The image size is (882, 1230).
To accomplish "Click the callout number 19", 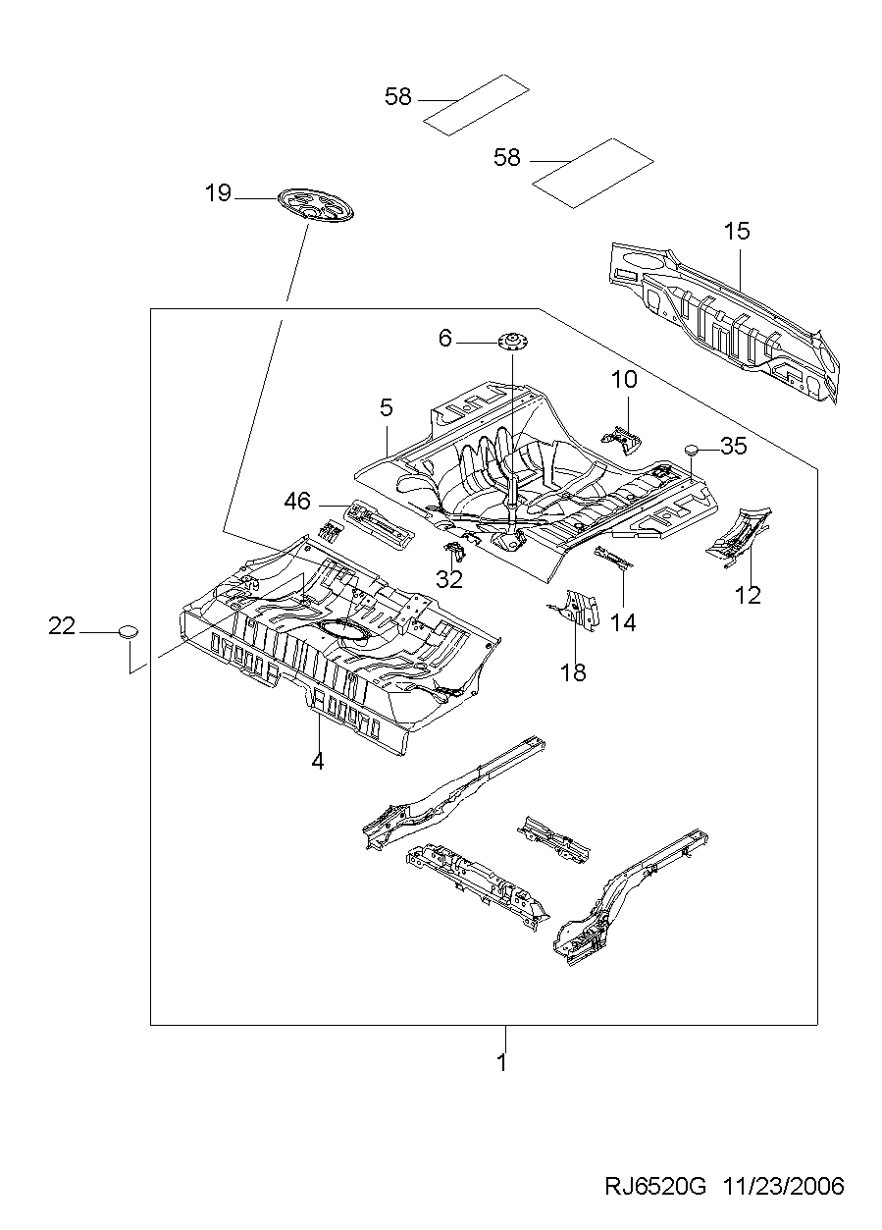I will (218, 192).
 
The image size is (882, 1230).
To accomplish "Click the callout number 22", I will (62, 626).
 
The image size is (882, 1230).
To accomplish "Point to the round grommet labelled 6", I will (512, 342).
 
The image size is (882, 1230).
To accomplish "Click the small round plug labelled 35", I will (692, 449).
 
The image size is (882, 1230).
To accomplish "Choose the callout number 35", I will (733, 447).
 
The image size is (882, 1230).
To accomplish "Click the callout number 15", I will (737, 232).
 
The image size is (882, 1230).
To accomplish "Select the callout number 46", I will (297, 502).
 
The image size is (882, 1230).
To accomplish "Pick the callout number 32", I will (448, 579).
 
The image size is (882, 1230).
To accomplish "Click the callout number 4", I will (318, 760).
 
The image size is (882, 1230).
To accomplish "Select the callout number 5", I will (387, 405).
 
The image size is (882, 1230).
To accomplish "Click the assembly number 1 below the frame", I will (501, 1062).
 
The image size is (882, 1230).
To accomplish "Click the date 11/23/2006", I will (783, 1187).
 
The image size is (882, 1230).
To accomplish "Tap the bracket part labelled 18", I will (578, 611).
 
